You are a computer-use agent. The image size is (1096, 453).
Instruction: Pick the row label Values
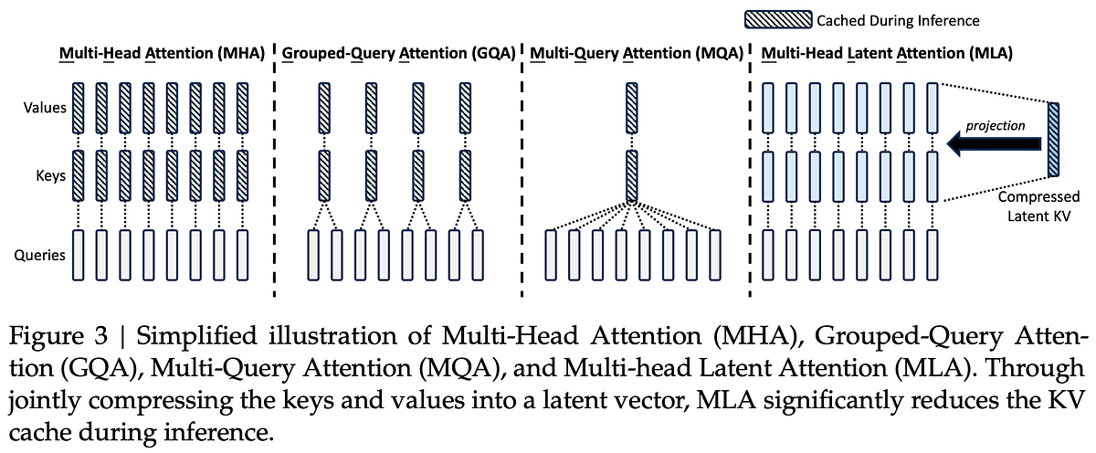click(44, 108)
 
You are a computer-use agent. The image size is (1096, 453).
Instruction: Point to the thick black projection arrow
click(994, 142)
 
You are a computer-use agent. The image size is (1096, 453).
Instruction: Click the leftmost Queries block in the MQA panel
click(551, 256)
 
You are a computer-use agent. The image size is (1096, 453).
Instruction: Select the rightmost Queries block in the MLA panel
click(933, 256)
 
